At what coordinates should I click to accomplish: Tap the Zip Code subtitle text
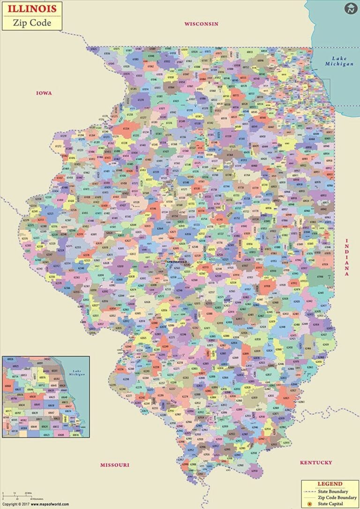32,22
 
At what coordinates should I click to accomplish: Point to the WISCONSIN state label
201,23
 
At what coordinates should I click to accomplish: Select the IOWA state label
44,93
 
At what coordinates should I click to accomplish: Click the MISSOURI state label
114,465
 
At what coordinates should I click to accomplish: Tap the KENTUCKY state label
316,463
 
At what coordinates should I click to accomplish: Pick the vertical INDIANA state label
347,257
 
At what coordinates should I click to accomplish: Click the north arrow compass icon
350,8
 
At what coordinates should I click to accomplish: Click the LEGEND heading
330,484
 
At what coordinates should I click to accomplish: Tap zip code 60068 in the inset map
8,386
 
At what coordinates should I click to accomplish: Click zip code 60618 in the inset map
51,405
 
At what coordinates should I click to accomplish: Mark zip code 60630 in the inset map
33,397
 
